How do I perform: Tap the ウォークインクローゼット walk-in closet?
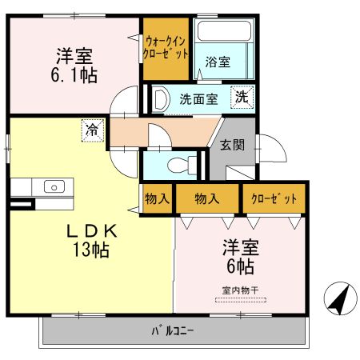pos(166,47)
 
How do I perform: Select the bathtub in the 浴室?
pos(225,33)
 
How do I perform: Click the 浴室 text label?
pos(218,62)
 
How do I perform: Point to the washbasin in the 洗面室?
pos(160,100)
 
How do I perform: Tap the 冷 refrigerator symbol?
pos(94,129)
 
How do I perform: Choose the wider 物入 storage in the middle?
pos(207,198)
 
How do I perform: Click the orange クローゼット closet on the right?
pos(274,198)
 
